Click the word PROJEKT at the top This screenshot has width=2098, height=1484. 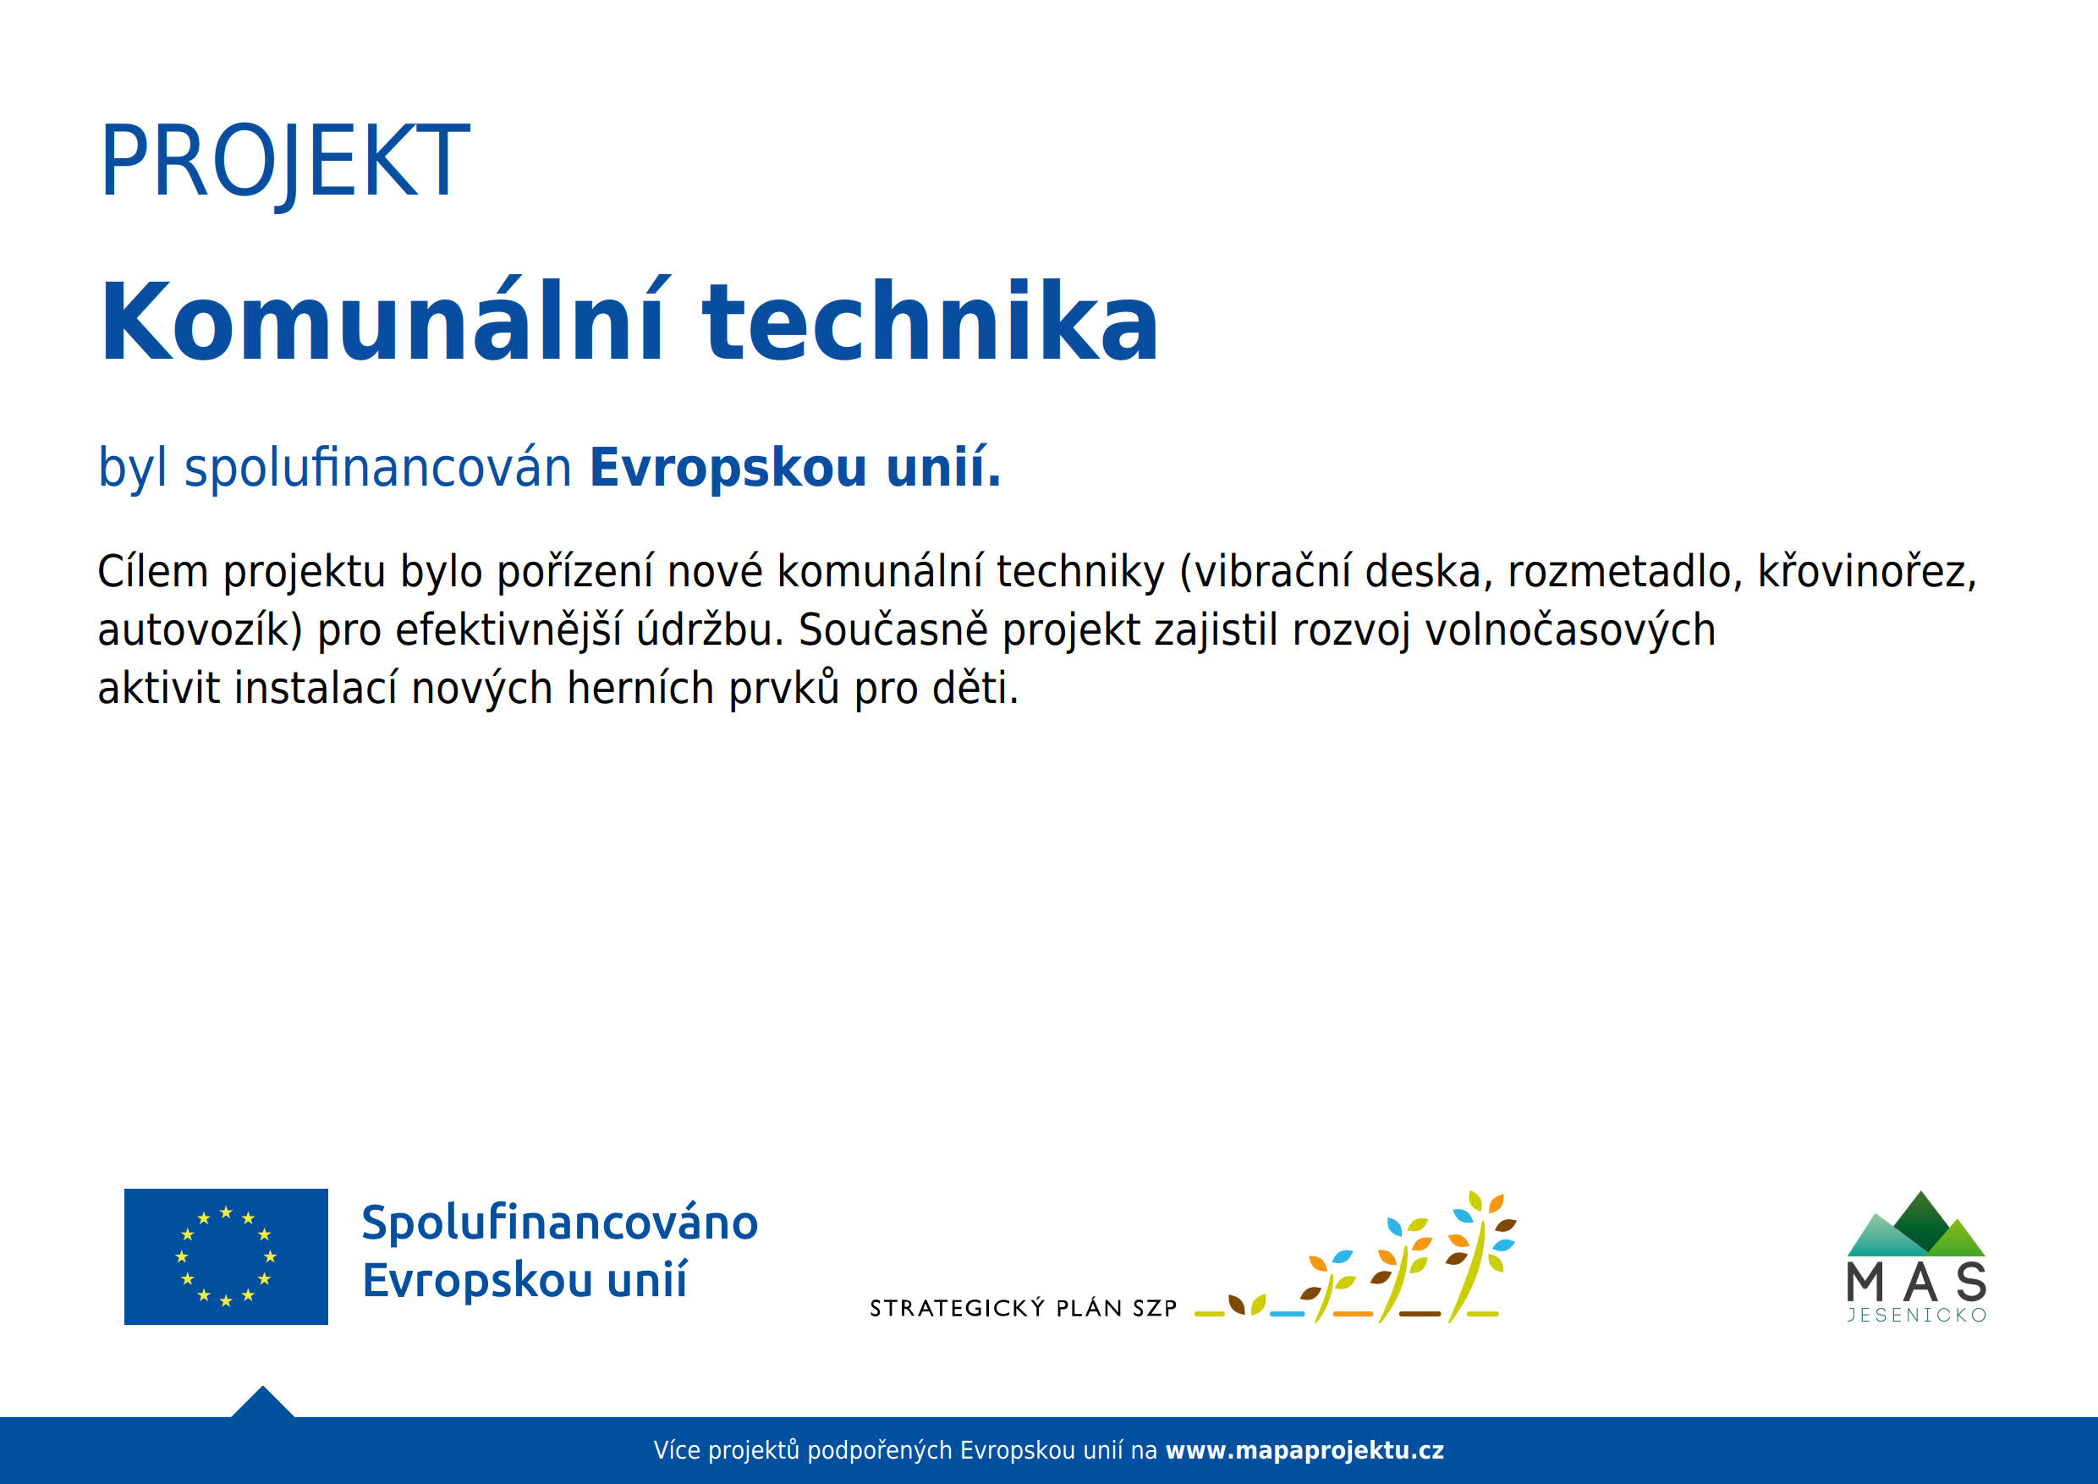pos(284,162)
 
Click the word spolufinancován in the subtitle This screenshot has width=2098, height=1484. pos(378,468)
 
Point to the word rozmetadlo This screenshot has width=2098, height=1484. pos(1619,572)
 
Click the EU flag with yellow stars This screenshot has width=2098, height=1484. pos(226,1256)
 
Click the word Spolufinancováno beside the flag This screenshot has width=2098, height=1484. pos(560,1223)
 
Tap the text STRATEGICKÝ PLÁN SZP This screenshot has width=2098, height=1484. pos(1024,1309)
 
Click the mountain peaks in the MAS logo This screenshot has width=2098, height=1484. pos(1916,1224)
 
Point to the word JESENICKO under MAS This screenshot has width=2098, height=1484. pos(1916,1316)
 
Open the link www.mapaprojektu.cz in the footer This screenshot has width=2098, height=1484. pos(1304,1450)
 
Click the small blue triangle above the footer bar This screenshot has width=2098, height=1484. pos(262,1402)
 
